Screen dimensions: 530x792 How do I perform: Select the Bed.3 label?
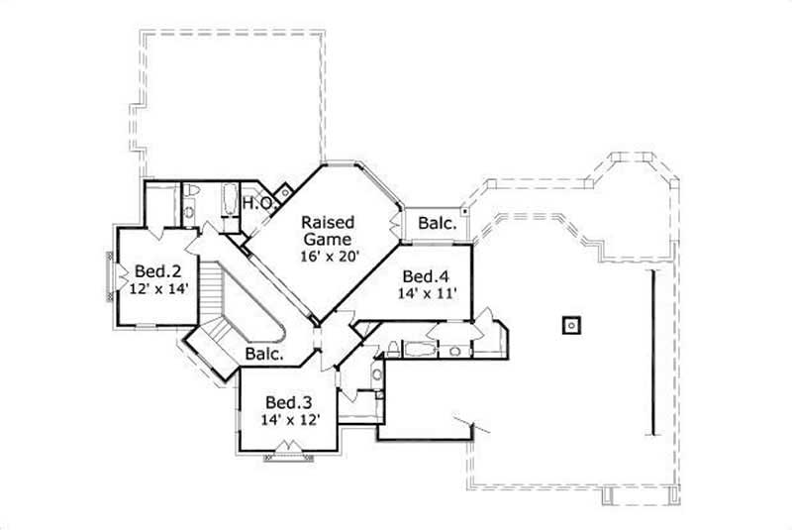point(289,402)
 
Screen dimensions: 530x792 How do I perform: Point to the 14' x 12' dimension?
point(290,420)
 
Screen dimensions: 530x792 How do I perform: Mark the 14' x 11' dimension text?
point(427,293)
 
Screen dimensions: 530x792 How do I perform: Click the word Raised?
point(328,221)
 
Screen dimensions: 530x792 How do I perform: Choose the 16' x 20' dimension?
point(328,256)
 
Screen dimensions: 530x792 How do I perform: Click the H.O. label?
point(258,203)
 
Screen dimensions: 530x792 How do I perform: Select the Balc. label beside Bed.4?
point(437,224)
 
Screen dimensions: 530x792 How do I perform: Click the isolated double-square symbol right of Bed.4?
point(571,324)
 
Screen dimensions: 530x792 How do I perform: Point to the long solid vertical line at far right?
point(651,351)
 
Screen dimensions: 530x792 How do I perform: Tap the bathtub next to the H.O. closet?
point(228,202)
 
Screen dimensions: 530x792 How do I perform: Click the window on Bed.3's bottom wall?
point(288,449)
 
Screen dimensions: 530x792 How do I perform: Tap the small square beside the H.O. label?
point(285,191)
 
